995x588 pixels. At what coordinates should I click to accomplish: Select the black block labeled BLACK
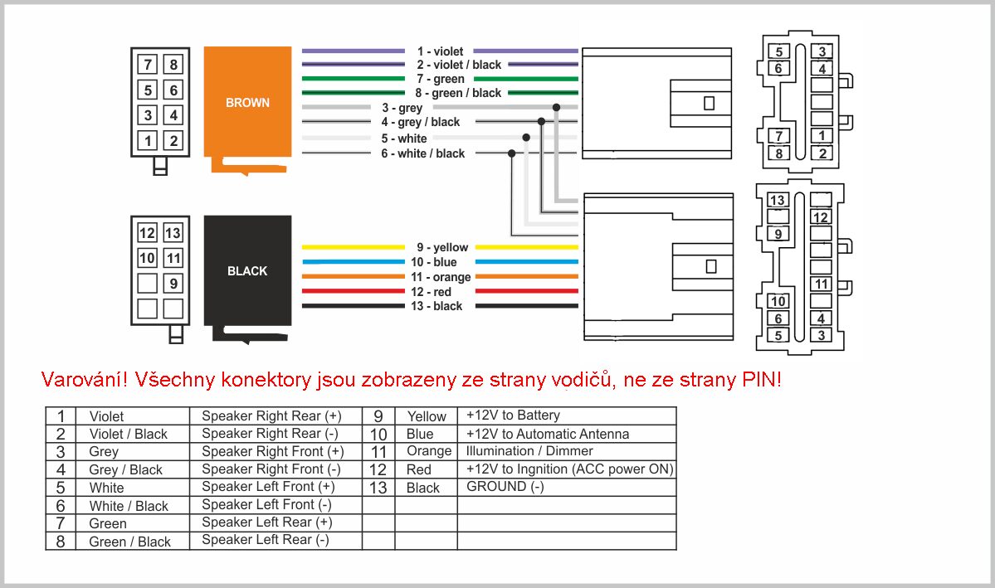[247, 271]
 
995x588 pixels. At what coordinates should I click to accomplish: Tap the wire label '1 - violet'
[441, 51]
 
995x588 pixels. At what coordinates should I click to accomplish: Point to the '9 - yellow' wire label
[442, 247]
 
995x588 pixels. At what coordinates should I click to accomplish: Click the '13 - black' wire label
[437, 306]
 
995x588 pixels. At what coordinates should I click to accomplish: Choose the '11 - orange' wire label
[441, 277]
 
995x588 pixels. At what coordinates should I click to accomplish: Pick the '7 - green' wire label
[441, 80]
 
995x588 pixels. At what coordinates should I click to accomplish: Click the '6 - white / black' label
[423, 153]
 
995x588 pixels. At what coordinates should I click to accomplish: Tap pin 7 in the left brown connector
[148, 64]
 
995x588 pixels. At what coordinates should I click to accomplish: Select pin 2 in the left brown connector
[173, 140]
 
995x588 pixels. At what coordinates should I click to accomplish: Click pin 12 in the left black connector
[147, 233]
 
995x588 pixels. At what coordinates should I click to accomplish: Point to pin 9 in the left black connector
[173, 284]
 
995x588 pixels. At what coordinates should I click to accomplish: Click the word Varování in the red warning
[85, 379]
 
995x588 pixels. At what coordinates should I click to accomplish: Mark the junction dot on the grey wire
[557, 107]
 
